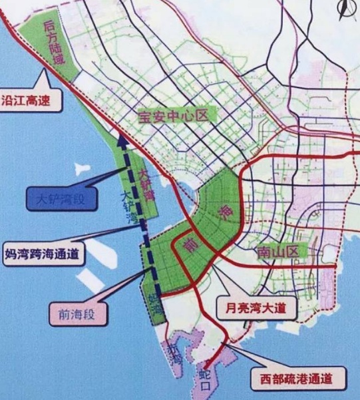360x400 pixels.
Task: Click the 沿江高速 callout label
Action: tap(30, 102)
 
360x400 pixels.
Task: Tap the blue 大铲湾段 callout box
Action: tap(58, 198)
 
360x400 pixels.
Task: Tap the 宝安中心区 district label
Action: tap(174, 116)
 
